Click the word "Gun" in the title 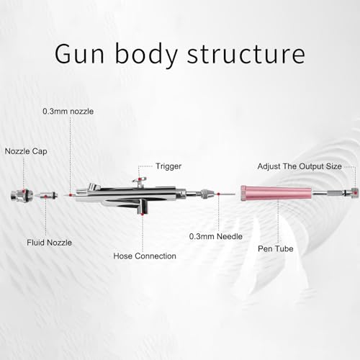[79, 53]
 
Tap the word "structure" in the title [246, 54]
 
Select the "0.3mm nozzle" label [68, 112]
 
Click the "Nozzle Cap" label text [26, 151]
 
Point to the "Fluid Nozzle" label [49, 243]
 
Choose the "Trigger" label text [168, 166]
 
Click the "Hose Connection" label [145, 256]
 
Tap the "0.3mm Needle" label [216, 236]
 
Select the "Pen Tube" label [276, 248]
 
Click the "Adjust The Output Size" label [300, 166]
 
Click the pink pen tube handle [276, 194]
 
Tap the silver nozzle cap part [21, 195]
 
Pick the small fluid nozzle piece [46, 196]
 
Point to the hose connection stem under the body [143, 207]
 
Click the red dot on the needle [218, 194]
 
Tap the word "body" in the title [145, 54]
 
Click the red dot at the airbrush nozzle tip [71, 195]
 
